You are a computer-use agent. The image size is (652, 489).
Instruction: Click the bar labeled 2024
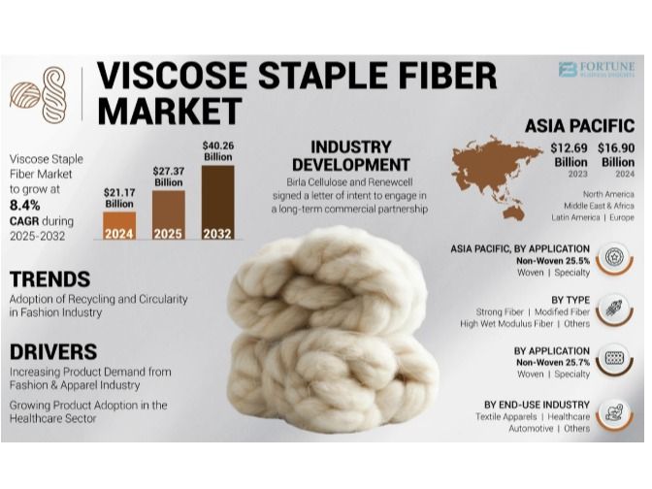click(x=119, y=226)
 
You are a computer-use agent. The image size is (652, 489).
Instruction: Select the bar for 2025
click(x=169, y=215)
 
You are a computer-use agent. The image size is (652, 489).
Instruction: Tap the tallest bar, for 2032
click(x=218, y=203)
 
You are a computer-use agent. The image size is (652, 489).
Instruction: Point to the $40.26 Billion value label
click(x=218, y=151)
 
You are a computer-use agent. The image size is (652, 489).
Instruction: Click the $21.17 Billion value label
click(x=119, y=198)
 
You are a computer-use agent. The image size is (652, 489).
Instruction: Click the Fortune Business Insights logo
click(x=597, y=70)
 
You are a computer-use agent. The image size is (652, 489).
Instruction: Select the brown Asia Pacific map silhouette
click(x=497, y=177)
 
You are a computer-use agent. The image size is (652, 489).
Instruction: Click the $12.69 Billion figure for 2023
click(x=569, y=155)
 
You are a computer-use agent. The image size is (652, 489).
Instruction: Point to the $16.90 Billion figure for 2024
click(x=616, y=155)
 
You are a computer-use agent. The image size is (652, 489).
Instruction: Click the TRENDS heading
click(x=49, y=279)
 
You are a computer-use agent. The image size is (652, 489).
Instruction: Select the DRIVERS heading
click(x=53, y=352)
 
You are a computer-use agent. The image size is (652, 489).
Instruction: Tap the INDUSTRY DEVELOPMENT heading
click(x=351, y=156)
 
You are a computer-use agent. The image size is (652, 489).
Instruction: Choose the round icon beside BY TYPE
click(x=614, y=310)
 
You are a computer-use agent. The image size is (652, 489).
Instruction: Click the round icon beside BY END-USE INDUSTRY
click(x=614, y=414)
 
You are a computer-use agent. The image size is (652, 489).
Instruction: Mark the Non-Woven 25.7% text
click(x=553, y=362)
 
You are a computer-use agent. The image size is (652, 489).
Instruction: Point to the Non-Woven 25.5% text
click(x=553, y=261)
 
